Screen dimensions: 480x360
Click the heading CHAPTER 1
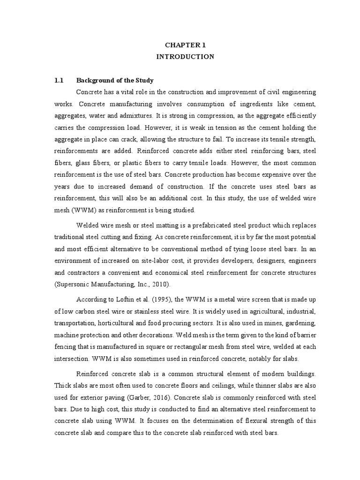coord(185,45)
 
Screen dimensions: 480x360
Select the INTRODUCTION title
coord(185,57)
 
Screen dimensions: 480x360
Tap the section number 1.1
coord(59,80)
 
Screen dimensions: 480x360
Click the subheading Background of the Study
coord(115,80)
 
